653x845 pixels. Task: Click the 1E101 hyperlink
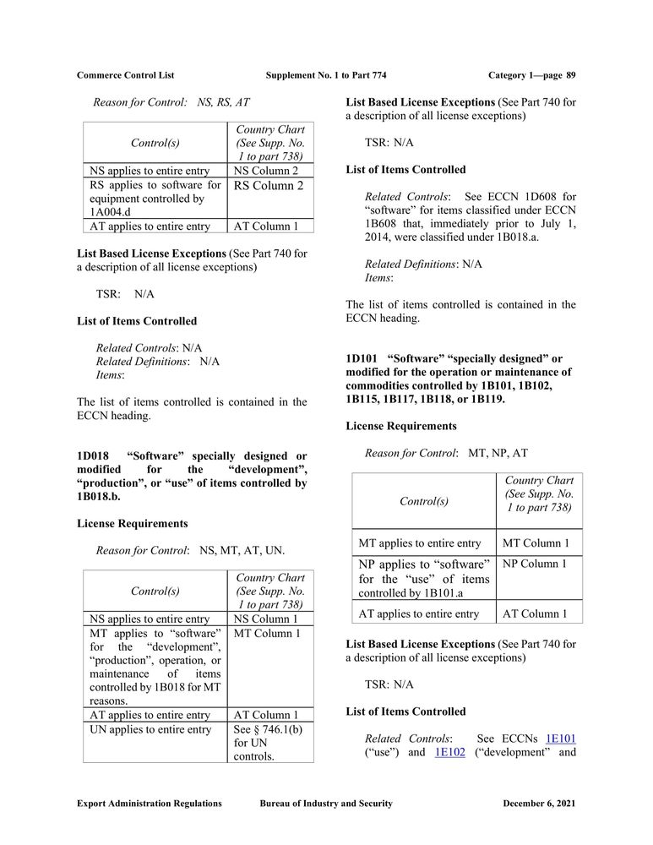point(561,739)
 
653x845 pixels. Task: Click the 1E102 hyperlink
point(449,752)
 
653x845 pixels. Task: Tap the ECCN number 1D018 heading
point(92,456)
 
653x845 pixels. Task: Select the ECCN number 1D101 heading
point(362,358)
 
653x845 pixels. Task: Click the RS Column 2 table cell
point(269,186)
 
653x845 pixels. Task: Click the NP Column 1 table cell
point(535,564)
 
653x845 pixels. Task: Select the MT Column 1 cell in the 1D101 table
point(536,543)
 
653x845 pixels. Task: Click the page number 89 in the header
point(571,75)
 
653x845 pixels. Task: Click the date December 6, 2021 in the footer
point(539,804)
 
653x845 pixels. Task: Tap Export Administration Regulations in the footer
point(150,804)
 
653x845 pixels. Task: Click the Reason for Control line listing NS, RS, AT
point(171,102)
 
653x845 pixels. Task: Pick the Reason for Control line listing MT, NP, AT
point(446,453)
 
